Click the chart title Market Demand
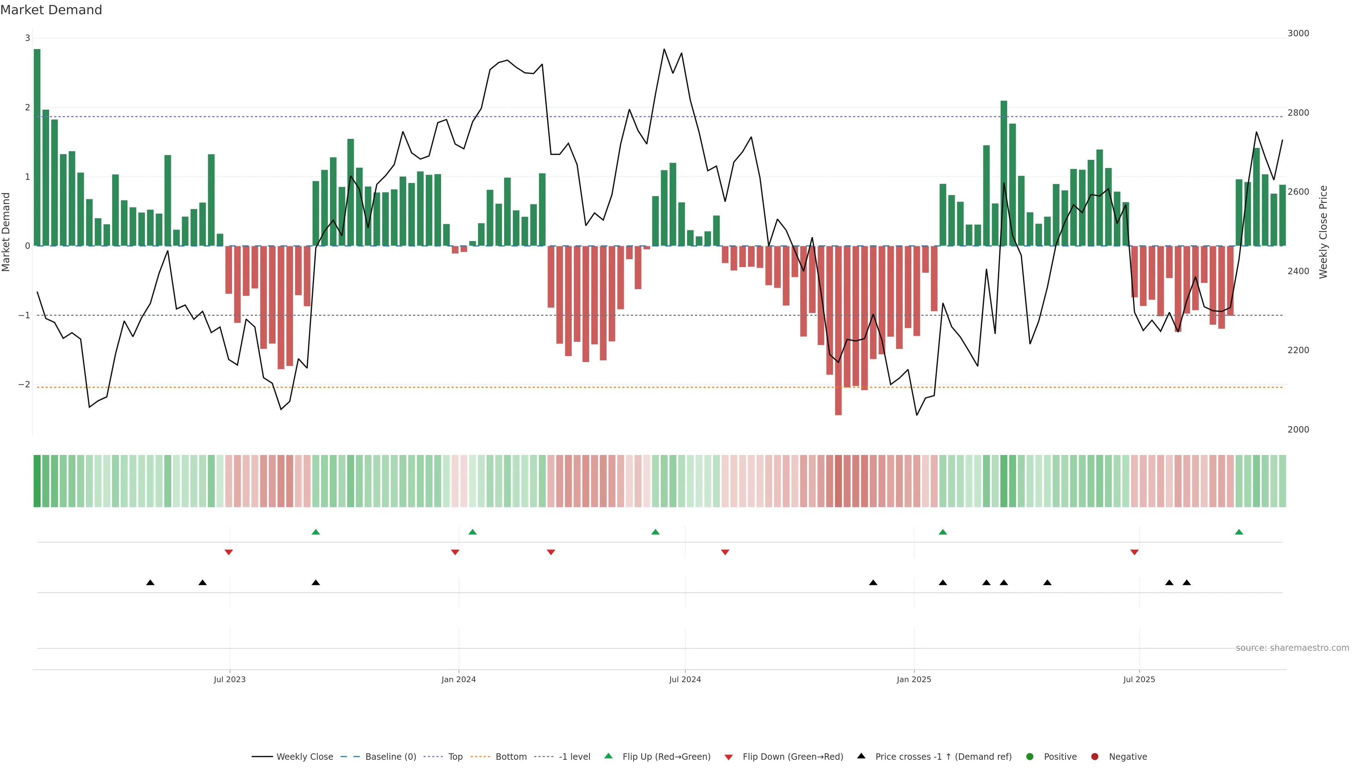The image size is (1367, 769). tap(51, 10)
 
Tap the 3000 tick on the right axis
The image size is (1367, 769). tap(1298, 33)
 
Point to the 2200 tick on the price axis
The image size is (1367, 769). tap(1298, 350)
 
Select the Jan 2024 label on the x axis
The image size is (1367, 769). tap(459, 679)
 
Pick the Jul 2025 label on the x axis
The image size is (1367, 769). tap(1139, 679)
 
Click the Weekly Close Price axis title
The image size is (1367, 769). tap(1323, 232)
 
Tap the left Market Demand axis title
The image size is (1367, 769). tap(6, 232)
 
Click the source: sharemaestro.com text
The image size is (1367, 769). tap(1292, 648)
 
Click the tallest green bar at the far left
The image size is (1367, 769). tap(37, 147)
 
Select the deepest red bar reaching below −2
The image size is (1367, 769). tap(838, 330)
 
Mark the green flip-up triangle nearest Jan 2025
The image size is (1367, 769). tap(942, 532)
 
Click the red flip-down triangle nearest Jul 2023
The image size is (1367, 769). tap(229, 553)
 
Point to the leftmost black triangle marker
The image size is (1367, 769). tap(150, 583)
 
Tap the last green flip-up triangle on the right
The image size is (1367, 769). tap(1238, 532)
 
